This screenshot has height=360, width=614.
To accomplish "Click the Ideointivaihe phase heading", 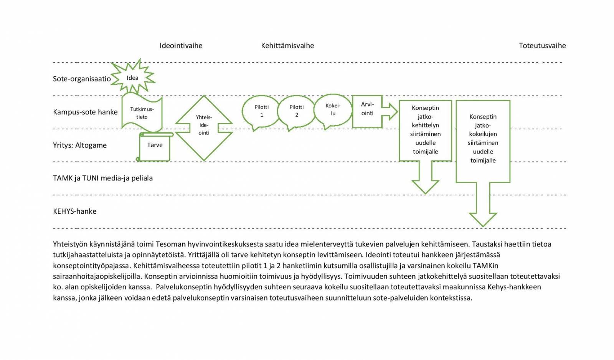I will pos(181,46).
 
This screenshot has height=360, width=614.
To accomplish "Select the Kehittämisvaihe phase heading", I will pos(287,46).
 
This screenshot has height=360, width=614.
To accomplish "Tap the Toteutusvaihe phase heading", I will pos(542,46).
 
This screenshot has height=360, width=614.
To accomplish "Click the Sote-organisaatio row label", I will pos(82,79).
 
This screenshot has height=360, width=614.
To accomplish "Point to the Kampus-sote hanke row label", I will pos(85,112).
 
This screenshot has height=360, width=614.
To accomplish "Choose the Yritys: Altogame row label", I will pos(80,145).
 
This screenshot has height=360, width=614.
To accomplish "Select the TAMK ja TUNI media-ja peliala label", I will pos(103,178).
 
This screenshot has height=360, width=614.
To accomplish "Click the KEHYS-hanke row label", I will pos(74,211).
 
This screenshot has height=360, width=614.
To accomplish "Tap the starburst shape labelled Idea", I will pos(132,78).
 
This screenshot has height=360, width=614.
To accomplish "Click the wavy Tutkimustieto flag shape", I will pos(142,113).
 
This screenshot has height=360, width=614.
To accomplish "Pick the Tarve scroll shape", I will pos(155,146).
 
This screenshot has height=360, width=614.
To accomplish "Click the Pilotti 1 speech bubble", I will pos(261,111).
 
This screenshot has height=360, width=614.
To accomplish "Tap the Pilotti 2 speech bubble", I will pos(296,111).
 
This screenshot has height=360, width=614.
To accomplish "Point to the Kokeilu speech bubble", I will pos(333,109).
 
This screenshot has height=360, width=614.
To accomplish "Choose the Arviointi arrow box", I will pos(368,111).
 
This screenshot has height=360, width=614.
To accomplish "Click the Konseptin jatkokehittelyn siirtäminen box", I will pos(425,130).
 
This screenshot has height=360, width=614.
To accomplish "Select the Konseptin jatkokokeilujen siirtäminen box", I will pos(483,139).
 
